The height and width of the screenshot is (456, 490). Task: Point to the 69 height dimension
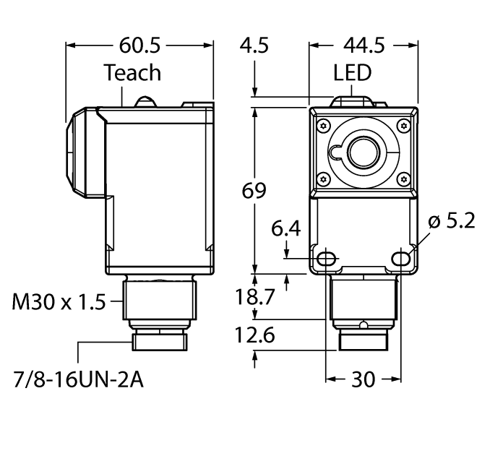pos(253,191)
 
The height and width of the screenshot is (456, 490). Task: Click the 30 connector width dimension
pos(364,379)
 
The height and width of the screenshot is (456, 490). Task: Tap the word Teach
pos(132,73)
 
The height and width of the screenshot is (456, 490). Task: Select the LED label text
pos(353,73)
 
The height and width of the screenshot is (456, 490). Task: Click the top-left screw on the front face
pos(323,123)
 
